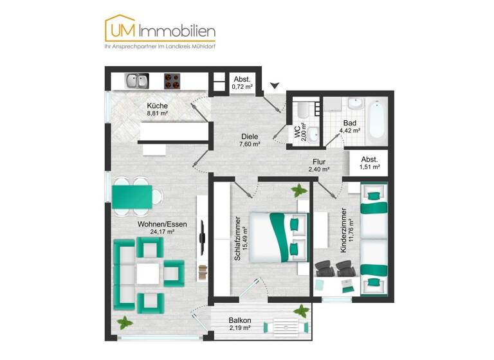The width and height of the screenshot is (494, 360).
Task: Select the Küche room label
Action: pos(157,105)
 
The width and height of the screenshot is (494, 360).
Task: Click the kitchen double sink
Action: pos(136,81)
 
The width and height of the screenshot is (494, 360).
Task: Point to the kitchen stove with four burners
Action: pos(172,81)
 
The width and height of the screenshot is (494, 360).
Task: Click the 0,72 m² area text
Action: pos(242,86)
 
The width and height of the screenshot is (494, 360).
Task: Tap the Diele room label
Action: pos(250,136)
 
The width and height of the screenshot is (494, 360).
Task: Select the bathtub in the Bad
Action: pos(377,120)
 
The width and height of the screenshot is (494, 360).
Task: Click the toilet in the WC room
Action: pos(312,134)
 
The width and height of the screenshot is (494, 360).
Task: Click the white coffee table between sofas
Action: pos(149,273)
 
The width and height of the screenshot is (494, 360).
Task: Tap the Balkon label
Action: pos(240,320)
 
